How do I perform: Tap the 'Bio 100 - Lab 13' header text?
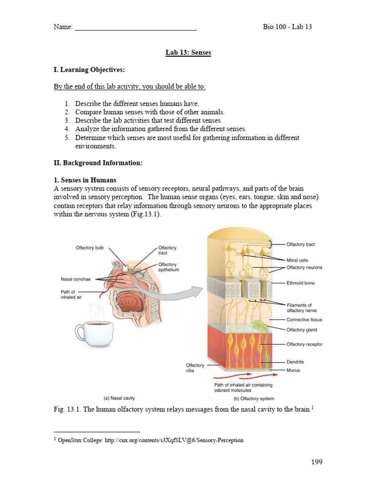[287, 27]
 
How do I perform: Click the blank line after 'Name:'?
[136, 28]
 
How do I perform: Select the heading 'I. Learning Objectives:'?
[89, 70]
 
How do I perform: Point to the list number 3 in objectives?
[67, 121]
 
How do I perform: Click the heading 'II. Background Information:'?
[98, 163]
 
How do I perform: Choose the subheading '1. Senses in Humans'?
[84, 180]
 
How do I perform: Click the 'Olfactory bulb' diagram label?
[90, 248]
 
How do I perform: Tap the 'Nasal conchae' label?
[77, 279]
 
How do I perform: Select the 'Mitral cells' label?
[297, 260]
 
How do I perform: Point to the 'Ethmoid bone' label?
[300, 283]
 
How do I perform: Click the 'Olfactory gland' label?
[301, 330]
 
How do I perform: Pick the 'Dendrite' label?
[295, 362]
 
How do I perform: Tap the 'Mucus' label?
[293, 370]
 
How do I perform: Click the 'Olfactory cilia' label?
[194, 368]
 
